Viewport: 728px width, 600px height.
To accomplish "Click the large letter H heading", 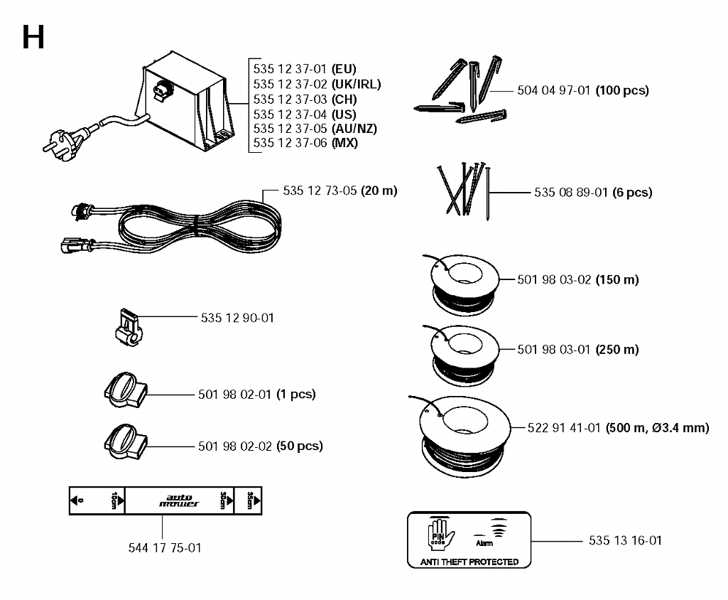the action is point(33,37).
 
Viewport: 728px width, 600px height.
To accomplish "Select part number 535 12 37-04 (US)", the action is point(305,114).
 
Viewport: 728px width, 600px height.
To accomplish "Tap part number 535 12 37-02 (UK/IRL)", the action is point(317,84).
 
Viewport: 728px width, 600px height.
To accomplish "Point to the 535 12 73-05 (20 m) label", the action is point(340,191).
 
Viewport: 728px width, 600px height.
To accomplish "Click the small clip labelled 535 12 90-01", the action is point(129,327).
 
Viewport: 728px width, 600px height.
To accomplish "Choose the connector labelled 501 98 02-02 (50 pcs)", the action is point(126,442).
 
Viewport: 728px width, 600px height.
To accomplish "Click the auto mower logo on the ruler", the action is point(179,500).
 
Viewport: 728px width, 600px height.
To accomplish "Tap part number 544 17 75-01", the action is point(165,548).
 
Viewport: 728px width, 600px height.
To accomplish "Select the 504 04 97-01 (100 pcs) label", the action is point(583,90).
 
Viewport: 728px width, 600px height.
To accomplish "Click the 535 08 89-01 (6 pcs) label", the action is point(593,193).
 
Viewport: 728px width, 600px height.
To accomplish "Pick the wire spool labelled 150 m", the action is point(464,284).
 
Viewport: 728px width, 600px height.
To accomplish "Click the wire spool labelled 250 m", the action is point(464,355).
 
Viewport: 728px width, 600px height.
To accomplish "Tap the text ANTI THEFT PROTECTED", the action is point(469,562).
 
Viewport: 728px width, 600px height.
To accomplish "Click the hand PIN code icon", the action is point(440,534).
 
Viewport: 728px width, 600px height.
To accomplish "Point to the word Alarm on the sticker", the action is point(484,543).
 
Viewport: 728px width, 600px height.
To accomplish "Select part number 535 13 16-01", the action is point(626,540).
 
